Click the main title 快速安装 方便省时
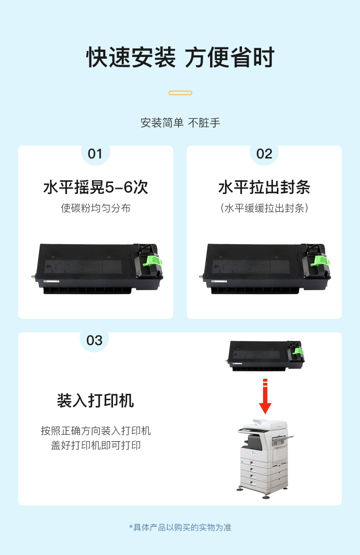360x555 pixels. coord(180,57)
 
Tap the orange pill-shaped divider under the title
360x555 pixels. coord(180,93)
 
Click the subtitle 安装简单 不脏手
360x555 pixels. coord(180,123)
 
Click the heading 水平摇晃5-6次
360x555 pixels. coord(96,187)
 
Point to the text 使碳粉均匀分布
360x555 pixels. coord(96,208)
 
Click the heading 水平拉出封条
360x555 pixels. coord(264,187)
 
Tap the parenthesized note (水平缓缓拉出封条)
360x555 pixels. coord(264,208)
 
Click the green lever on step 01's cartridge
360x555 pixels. coord(153,261)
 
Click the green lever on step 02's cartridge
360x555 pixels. coord(320,261)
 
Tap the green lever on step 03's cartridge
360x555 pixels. coord(298,351)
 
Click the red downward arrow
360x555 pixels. coord(265,396)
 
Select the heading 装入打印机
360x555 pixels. coord(95,401)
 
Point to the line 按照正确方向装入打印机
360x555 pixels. coord(96,431)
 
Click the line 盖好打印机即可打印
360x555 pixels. coord(96,445)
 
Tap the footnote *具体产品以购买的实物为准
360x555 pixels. coord(180,528)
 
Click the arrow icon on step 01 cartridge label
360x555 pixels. coord(49,266)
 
